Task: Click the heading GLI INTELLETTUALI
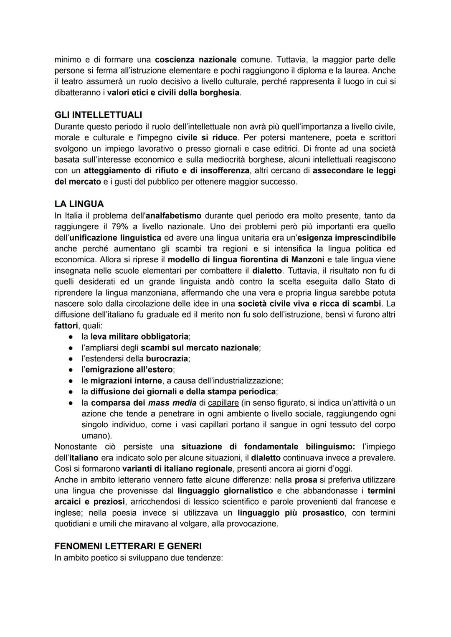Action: pyautogui.click(x=98, y=114)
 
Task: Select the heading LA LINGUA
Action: pyautogui.click(x=79, y=204)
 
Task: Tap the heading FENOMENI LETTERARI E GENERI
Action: pyautogui.click(x=128, y=546)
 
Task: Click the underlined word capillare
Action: pyautogui.click(x=223, y=403)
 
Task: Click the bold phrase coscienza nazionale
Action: pyautogui.click(x=195, y=60)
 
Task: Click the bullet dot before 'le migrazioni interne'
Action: pyautogui.click(x=71, y=381)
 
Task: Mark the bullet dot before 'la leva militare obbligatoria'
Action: pyautogui.click(x=71, y=336)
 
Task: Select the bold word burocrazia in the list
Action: pyautogui.click(x=167, y=358)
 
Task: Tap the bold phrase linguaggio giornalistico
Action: pyautogui.click(x=225, y=490)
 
